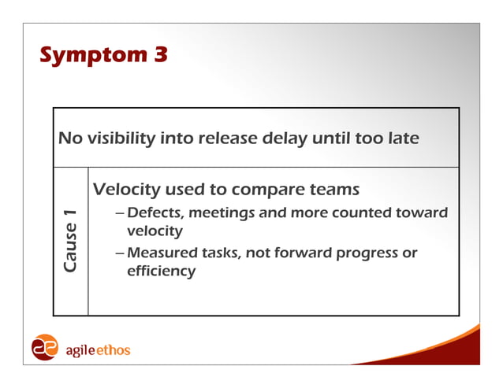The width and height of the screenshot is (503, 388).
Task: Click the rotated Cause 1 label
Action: click(71, 242)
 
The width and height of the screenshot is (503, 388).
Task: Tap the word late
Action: click(402, 139)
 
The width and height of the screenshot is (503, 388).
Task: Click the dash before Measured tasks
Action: click(119, 253)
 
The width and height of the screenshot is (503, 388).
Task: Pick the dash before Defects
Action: click(119, 213)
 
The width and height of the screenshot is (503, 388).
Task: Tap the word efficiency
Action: click(161, 272)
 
